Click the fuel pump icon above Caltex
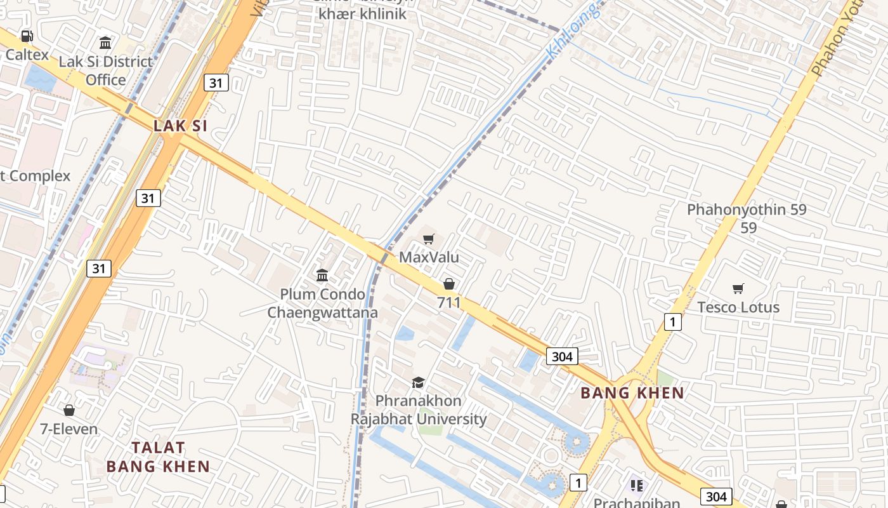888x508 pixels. [x=27, y=36]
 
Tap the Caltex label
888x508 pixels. [x=27, y=55]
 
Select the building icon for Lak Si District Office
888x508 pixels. [x=105, y=43]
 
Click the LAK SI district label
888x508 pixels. [x=180, y=126]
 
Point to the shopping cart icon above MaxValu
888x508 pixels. [x=429, y=239]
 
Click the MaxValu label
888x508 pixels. [x=429, y=258]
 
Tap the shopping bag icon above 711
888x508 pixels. [x=449, y=284]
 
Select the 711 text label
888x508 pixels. [x=449, y=303]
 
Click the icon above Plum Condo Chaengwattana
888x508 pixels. [x=322, y=276]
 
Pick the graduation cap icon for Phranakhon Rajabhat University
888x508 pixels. [x=418, y=382]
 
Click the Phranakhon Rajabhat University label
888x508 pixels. [x=419, y=410]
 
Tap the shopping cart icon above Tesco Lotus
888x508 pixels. [x=738, y=289]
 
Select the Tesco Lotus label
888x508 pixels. [x=738, y=307]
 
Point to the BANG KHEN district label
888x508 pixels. [x=632, y=393]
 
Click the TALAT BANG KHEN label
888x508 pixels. [x=158, y=457]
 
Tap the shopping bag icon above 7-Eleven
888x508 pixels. [x=69, y=410]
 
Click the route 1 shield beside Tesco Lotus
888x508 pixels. [x=672, y=322]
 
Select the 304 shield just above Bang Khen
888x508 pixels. [x=562, y=356]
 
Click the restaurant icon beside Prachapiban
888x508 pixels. [x=637, y=486]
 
